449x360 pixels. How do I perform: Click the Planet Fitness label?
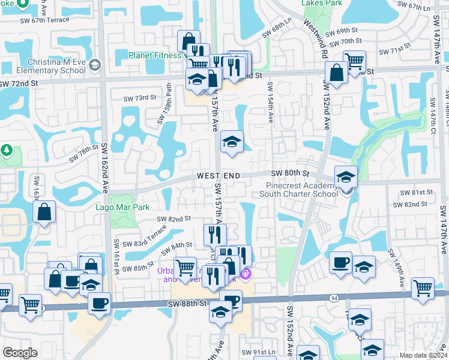click(x=155, y=56)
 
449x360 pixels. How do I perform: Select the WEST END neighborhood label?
click(x=218, y=176)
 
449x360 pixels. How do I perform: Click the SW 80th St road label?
click(x=289, y=173)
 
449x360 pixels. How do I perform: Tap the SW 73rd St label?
click(x=139, y=98)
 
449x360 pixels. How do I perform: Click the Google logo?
click(x=20, y=353)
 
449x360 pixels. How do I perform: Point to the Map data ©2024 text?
click(x=424, y=355)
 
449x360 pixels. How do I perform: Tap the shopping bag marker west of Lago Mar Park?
click(x=44, y=212)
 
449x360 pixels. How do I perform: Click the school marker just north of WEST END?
click(x=232, y=142)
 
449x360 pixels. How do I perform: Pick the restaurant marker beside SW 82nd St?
click(x=214, y=235)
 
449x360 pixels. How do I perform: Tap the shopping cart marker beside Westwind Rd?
click(x=355, y=60)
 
